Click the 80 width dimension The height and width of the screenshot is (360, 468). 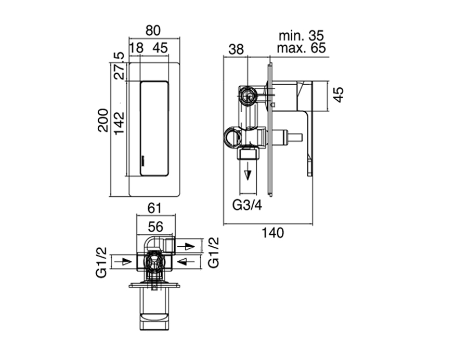153,31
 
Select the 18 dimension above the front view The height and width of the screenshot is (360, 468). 137,48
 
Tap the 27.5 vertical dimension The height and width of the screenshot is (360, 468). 120,65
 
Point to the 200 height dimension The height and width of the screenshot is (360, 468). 103,120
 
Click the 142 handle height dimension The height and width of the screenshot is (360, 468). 119,123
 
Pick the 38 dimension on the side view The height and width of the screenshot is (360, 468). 236,49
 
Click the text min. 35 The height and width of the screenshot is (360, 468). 301,36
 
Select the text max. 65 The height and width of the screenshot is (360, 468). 301,48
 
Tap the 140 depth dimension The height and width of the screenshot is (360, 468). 273,233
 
